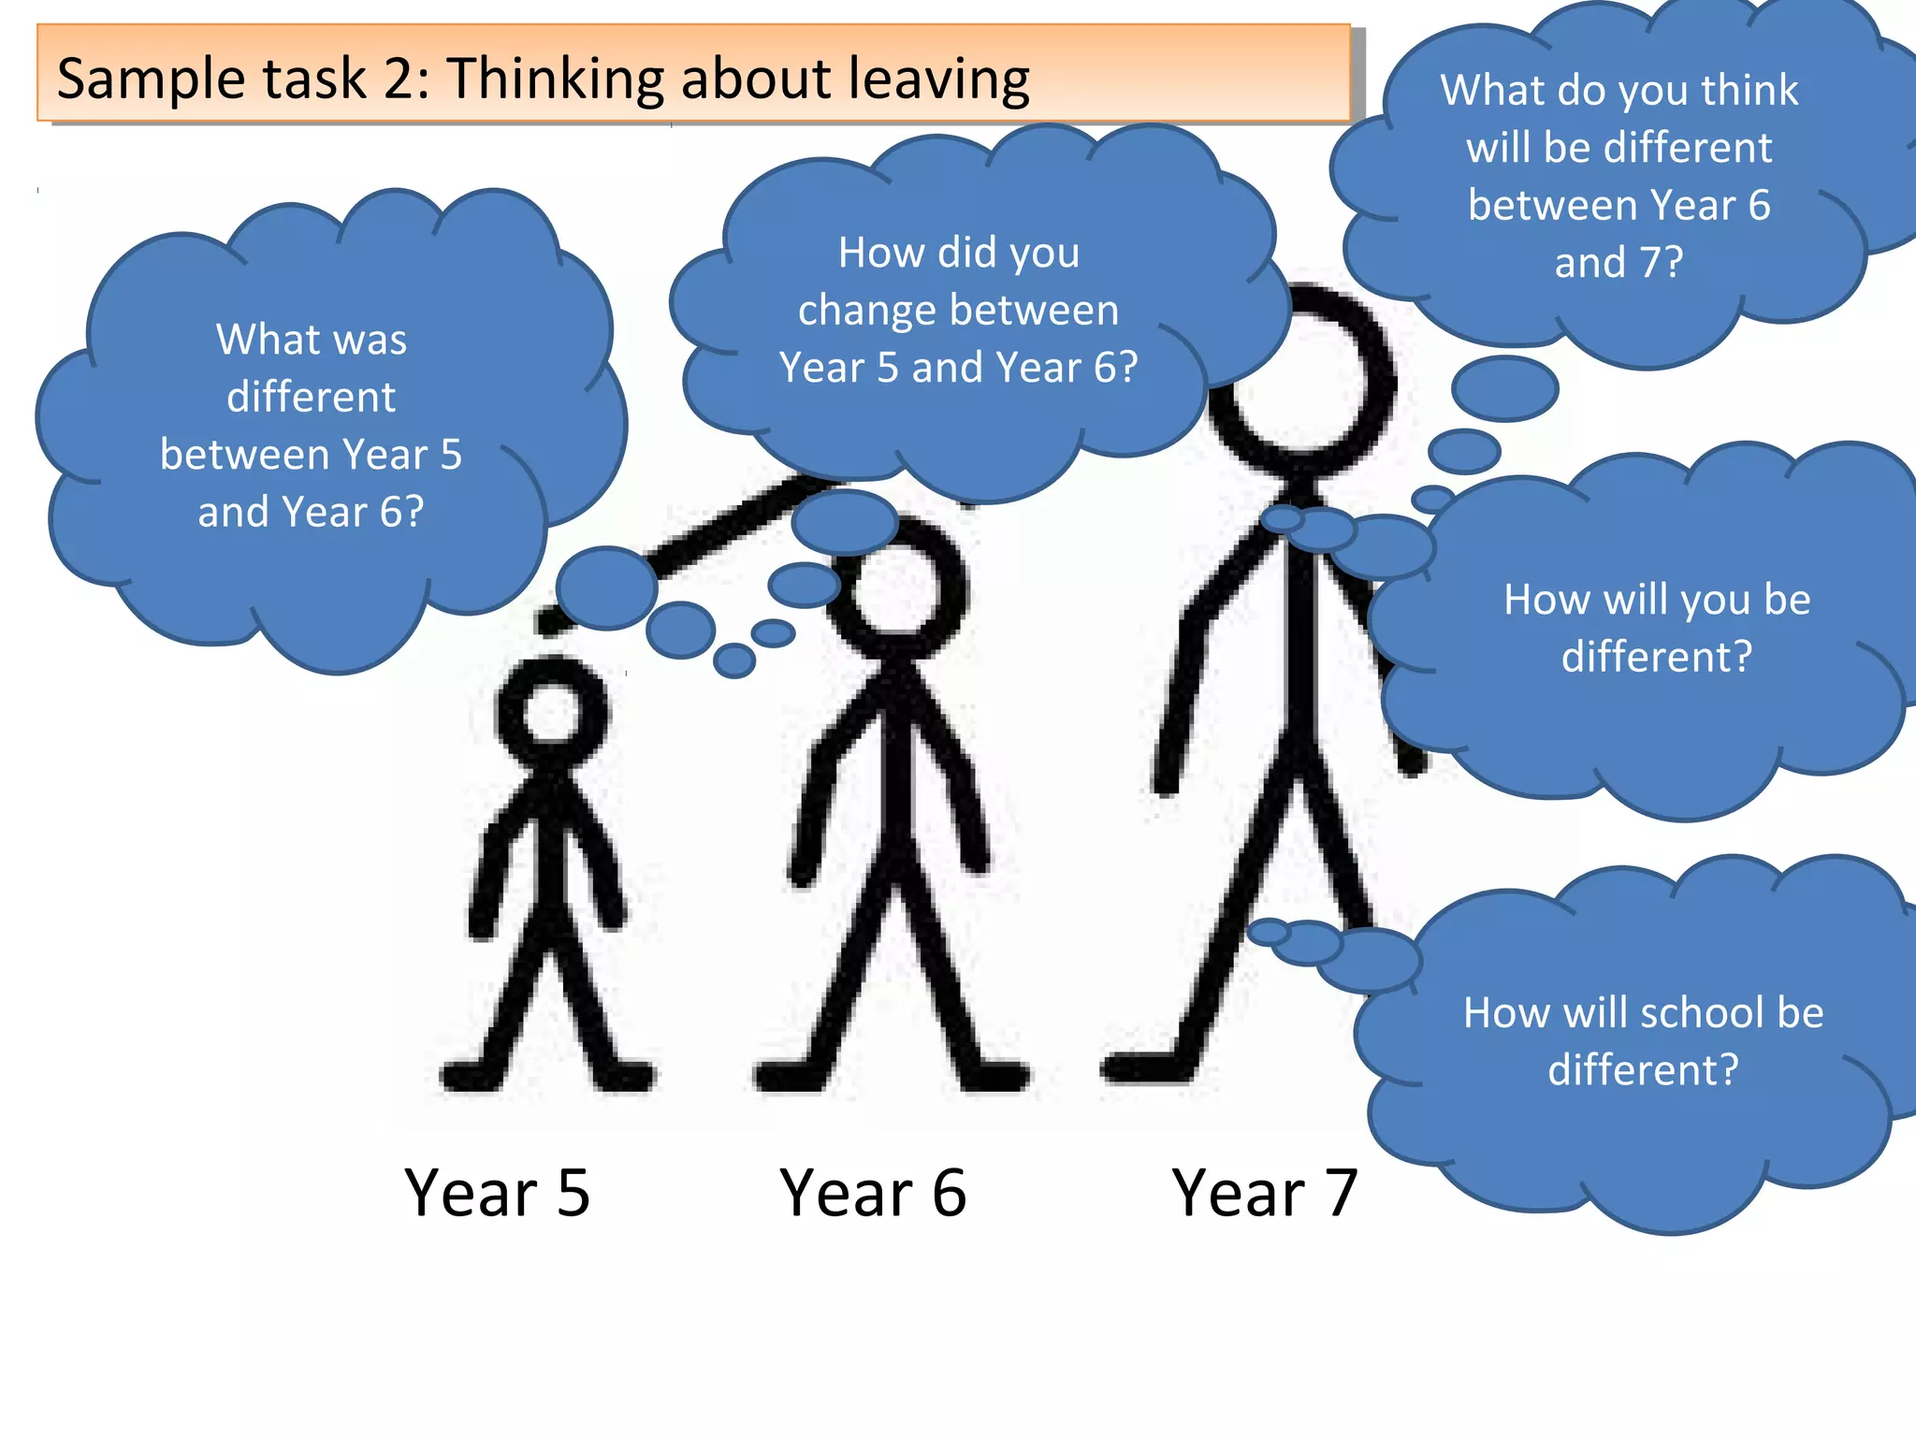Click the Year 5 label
[x=497, y=1193]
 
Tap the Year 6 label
[x=873, y=1193]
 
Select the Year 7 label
[x=1264, y=1193]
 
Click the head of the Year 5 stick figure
[x=552, y=713]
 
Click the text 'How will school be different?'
[x=1643, y=1040]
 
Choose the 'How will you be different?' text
[x=1657, y=628]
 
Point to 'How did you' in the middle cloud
[x=959, y=253]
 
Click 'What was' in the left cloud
[x=312, y=339]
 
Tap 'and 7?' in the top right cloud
[x=1618, y=263]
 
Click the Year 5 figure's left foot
[x=472, y=1076]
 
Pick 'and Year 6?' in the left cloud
[x=312, y=512]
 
